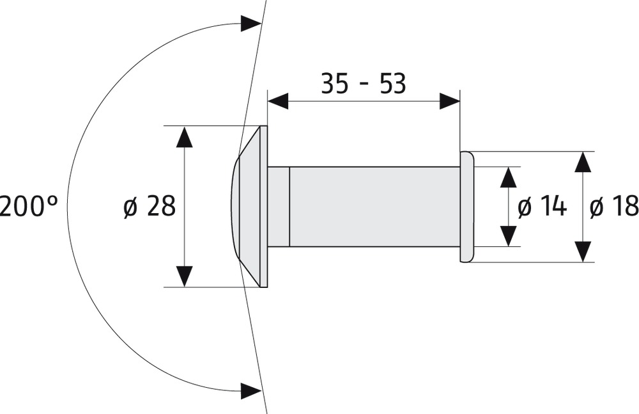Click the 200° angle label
pos(28,206)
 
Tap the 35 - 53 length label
pos(363,83)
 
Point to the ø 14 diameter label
pos(542,206)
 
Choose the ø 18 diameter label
pos(613,206)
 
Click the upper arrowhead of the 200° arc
pos(250,25)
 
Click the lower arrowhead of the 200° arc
pos(250,388)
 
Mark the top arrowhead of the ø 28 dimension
pos(184,137)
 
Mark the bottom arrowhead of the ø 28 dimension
pos(184,276)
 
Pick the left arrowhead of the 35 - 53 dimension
pos(278,101)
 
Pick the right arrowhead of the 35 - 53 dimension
pos(449,101)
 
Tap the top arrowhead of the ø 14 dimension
pos(508,177)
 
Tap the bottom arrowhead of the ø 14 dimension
pos(508,236)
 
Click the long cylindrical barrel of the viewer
pos(374,207)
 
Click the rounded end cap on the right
pos(466,207)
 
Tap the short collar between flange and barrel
pos(279,207)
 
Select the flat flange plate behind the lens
pos(263,206)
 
